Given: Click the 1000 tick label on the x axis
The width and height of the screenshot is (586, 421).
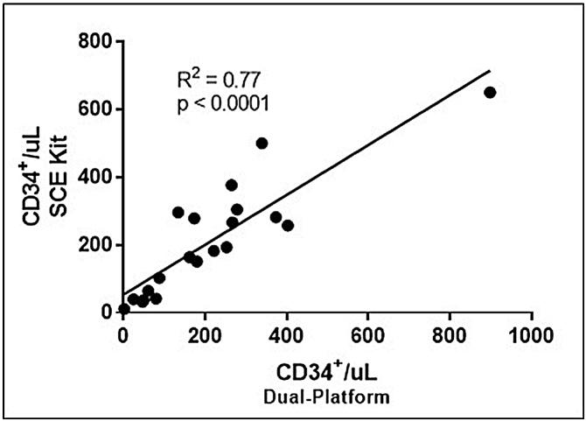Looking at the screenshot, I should (531, 333).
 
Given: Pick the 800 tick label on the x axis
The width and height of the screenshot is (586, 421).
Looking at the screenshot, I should (450, 333).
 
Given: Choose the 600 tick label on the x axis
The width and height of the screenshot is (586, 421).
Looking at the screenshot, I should (368, 333).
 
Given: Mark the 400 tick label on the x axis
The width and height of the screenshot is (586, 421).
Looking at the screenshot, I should (287, 333).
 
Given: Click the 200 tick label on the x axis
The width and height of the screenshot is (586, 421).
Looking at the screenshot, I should (205, 333).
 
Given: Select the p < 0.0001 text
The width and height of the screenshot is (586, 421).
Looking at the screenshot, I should (221, 104).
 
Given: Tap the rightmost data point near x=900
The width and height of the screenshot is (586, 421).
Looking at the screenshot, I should (490, 92).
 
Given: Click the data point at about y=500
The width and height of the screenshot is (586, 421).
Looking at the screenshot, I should (262, 144).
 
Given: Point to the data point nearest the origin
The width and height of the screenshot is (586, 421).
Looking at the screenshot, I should (124, 309).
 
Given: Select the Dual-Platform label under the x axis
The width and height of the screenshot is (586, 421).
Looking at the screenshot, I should (326, 396).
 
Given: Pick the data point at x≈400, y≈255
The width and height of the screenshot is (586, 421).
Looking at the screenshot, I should (288, 226).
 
